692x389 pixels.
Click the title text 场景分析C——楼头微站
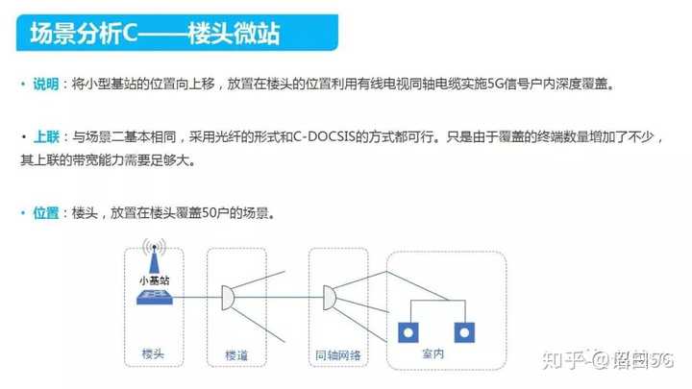pyautogui.click(x=155, y=33)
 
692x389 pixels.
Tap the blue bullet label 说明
pyautogui.click(x=46, y=84)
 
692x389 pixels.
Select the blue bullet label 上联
pyautogui.click(x=46, y=136)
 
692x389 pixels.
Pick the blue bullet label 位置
pyautogui.click(x=46, y=213)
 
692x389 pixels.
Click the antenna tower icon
pyautogui.click(x=154, y=256)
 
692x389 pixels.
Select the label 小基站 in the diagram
pyautogui.click(x=155, y=280)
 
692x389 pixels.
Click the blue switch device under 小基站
pyautogui.click(x=155, y=298)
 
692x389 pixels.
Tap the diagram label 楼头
pyautogui.click(x=153, y=353)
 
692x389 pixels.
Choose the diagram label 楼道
pyautogui.click(x=236, y=355)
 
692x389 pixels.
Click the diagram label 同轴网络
pyautogui.click(x=337, y=355)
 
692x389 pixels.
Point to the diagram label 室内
pyautogui.click(x=432, y=353)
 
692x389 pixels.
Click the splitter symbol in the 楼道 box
pyautogui.click(x=228, y=298)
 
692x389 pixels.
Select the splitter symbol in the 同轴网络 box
pyautogui.click(x=330, y=298)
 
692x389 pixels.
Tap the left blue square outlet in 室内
pyautogui.click(x=408, y=332)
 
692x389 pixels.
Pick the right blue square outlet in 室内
pyautogui.click(x=464, y=332)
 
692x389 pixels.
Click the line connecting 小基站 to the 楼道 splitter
pyautogui.click(x=197, y=297)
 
